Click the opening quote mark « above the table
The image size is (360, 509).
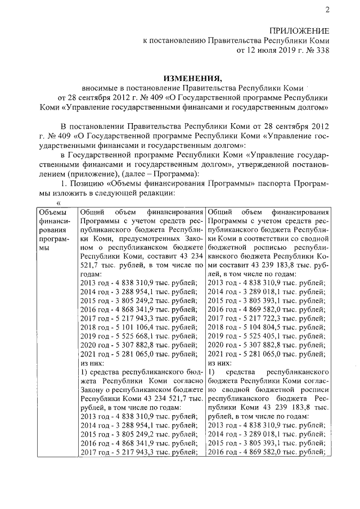coord(57,203)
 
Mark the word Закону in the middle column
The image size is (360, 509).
coord(93,394)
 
